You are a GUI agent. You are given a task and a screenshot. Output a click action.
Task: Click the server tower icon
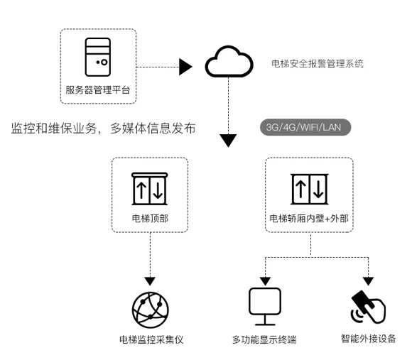pyautogui.click(x=98, y=57)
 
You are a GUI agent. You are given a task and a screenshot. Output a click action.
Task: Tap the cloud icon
pyautogui.click(x=229, y=62)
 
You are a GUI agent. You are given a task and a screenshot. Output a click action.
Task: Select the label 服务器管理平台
pyautogui.click(x=98, y=90)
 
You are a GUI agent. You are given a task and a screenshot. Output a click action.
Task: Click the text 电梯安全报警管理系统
pyautogui.click(x=318, y=64)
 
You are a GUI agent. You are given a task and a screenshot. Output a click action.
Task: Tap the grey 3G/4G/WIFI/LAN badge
pyautogui.click(x=305, y=127)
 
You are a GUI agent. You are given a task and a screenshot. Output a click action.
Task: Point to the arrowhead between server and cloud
pyautogui.click(x=185, y=67)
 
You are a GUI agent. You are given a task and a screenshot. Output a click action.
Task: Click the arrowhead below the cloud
pyautogui.click(x=228, y=141)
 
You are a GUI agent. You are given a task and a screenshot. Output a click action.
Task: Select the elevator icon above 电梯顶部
pyautogui.click(x=149, y=189)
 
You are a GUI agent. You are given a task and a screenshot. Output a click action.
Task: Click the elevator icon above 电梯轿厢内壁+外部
pyautogui.click(x=310, y=189)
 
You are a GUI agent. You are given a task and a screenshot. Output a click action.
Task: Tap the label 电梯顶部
pyautogui.click(x=150, y=219)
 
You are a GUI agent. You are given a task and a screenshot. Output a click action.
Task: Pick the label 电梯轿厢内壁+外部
pyautogui.click(x=309, y=219)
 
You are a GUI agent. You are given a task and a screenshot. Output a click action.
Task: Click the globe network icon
pyautogui.click(x=151, y=310)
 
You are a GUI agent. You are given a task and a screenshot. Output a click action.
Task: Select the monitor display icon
pyautogui.click(x=265, y=307)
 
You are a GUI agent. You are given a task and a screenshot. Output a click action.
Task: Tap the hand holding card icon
pyautogui.click(x=368, y=307)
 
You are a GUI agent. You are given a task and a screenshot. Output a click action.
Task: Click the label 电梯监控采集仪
pyautogui.click(x=151, y=340)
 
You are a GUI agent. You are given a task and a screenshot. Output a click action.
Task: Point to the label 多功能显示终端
pyautogui.click(x=264, y=340)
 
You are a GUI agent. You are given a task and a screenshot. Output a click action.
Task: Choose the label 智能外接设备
pyautogui.click(x=369, y=339)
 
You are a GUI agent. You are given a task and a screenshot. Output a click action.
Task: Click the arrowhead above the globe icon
pyautogui.click(x=150, y=281)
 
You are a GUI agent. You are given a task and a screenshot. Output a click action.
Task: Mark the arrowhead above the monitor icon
pyautogui.click(x=265, y=281)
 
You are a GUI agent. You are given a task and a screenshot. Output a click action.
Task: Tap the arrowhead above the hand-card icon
pyautogui.click(x=369, y=281)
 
